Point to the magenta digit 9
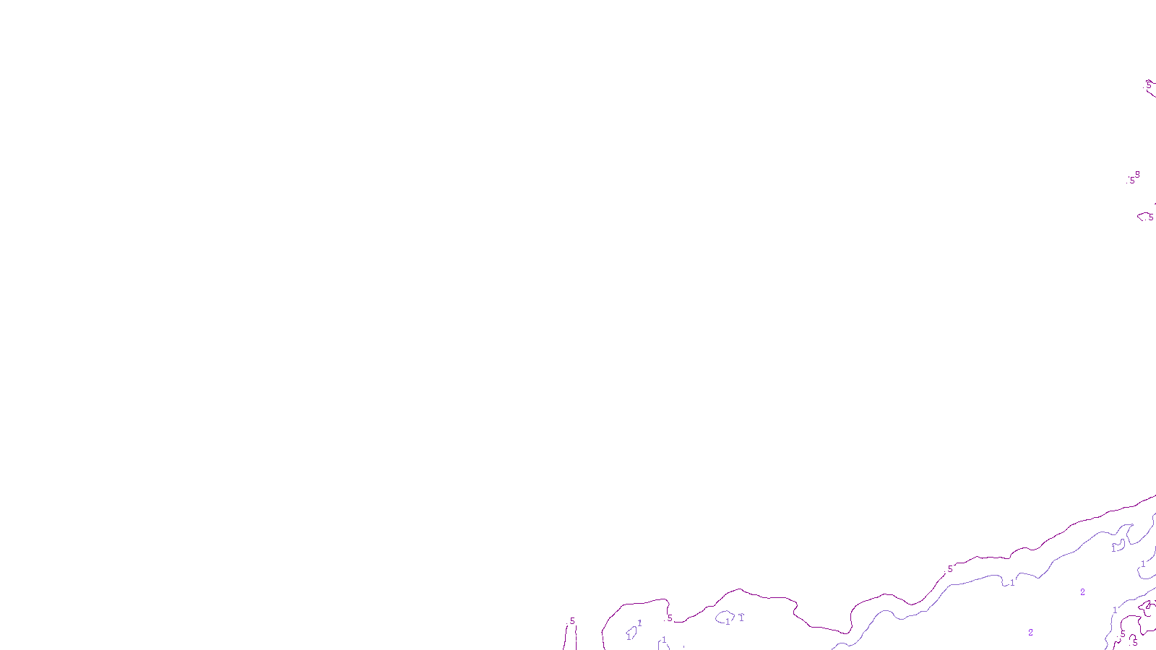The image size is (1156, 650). (x=1137, y=174)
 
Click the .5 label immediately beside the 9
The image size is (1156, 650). (x=1131, y=181)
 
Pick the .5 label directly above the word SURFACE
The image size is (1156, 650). (x=571, y=621)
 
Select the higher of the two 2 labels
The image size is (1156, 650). (x=1082, y=592)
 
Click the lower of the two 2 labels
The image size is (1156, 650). (x=1030, y=633)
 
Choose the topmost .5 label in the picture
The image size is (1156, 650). (x=1148, y=85)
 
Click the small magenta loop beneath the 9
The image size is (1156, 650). (x=1144, y=215)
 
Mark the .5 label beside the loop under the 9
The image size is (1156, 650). (x=1150, y=217)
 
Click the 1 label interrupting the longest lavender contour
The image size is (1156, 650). (x=1012, y=582)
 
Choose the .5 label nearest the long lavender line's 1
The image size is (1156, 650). (x=949, y=569)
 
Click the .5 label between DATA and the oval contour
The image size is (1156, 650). (x=669, y=618)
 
